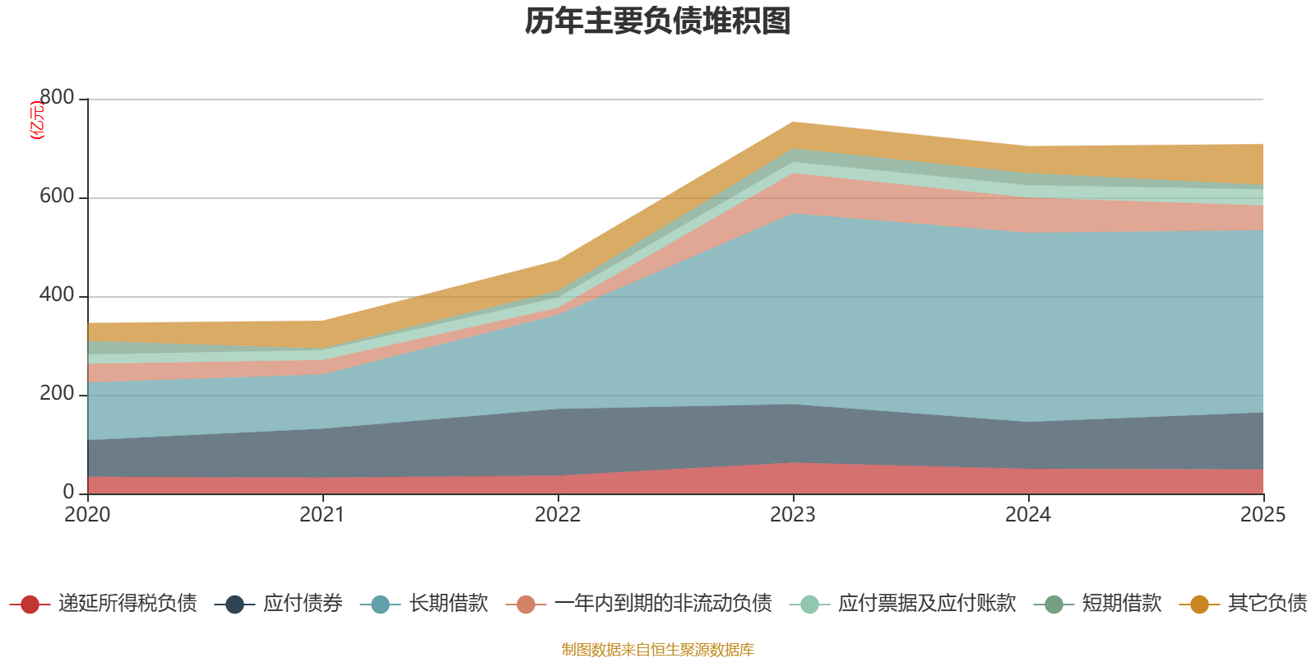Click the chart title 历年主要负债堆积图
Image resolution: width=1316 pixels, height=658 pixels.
[x=657, y=21]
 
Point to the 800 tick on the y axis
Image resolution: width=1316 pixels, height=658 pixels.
[x=56, y=98]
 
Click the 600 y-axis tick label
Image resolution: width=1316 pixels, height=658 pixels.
[x=56, y=197]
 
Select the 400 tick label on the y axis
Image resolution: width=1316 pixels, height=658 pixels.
[x=56, y=295]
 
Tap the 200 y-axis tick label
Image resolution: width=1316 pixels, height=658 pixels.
[x=56, y=394]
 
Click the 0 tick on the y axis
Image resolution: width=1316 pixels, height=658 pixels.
[x=68, y=492]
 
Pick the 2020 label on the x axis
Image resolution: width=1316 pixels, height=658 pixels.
[x=87, y=515]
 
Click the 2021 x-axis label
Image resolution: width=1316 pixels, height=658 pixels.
[x=322, y=515]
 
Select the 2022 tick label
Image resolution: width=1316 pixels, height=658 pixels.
[x=558, y=515]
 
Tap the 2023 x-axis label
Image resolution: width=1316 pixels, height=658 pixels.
[x=793, y=515]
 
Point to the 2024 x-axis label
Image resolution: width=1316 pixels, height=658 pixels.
[x=1028, y=515]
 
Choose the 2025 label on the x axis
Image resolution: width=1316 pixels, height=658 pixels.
[x=1263, y=515]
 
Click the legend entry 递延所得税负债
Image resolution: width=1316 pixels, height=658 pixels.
[x=127, y=604]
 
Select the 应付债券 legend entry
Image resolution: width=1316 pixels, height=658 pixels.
[x=302, y=604]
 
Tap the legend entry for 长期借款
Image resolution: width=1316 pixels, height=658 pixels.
[x=448, y=604]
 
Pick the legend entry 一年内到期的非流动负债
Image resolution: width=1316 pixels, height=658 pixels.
[x=662, y=604]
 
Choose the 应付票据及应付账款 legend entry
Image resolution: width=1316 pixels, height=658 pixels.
[x=926, y=604]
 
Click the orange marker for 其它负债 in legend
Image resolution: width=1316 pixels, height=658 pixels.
[x=1199, y=605]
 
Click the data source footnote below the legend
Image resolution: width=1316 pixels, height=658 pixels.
[x=657, y=650]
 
